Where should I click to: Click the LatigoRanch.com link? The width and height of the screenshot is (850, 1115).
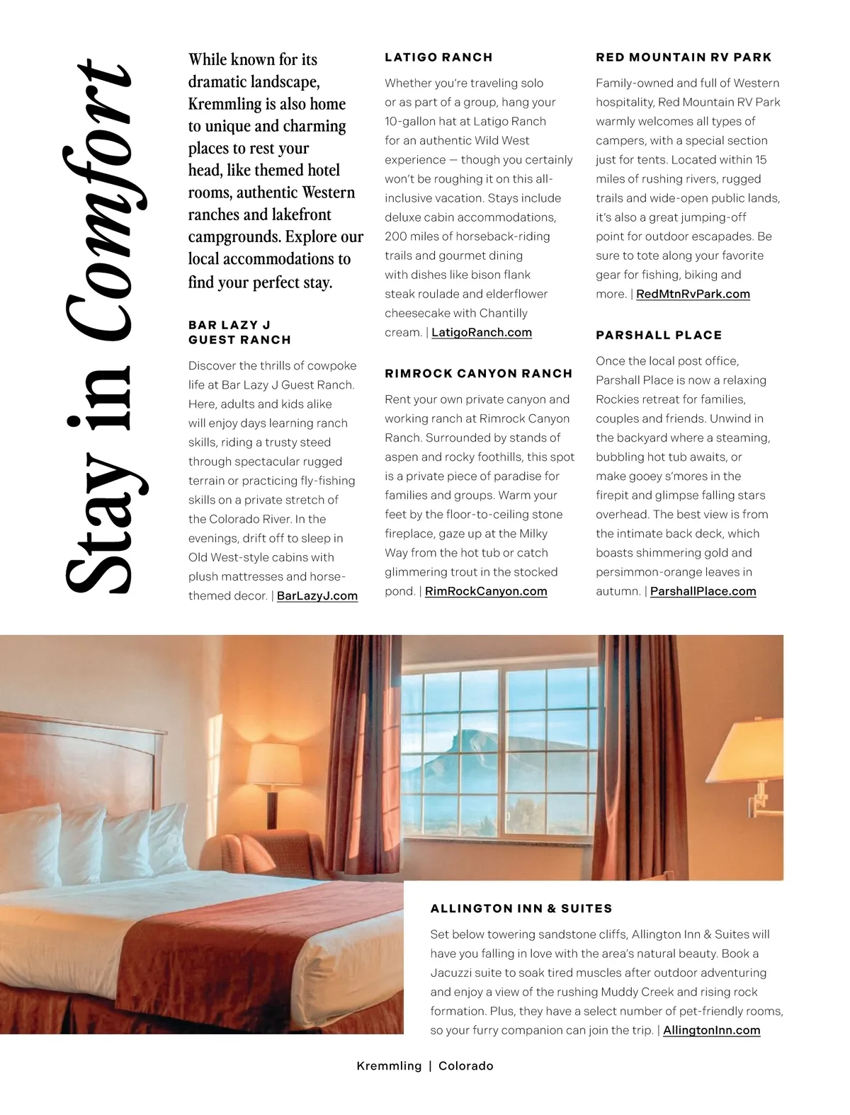481,333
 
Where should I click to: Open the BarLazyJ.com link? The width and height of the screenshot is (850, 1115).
317,596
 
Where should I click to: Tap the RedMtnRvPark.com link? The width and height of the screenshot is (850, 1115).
693,295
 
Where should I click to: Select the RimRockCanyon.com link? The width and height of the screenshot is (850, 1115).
486,592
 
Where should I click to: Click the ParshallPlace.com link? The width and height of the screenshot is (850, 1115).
703,592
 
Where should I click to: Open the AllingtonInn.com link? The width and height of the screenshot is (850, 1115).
711,1031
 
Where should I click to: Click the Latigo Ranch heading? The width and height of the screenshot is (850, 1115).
438,57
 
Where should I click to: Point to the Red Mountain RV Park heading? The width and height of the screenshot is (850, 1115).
684,57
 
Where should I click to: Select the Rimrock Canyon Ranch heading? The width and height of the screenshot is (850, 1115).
478,374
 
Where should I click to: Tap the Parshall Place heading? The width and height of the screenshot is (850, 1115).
659,336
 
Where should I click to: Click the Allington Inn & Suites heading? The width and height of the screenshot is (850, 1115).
521,909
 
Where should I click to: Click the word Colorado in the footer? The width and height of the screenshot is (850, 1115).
465,1066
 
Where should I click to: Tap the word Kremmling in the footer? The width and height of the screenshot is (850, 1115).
389,1066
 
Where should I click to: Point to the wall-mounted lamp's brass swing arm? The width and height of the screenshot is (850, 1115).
759,796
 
